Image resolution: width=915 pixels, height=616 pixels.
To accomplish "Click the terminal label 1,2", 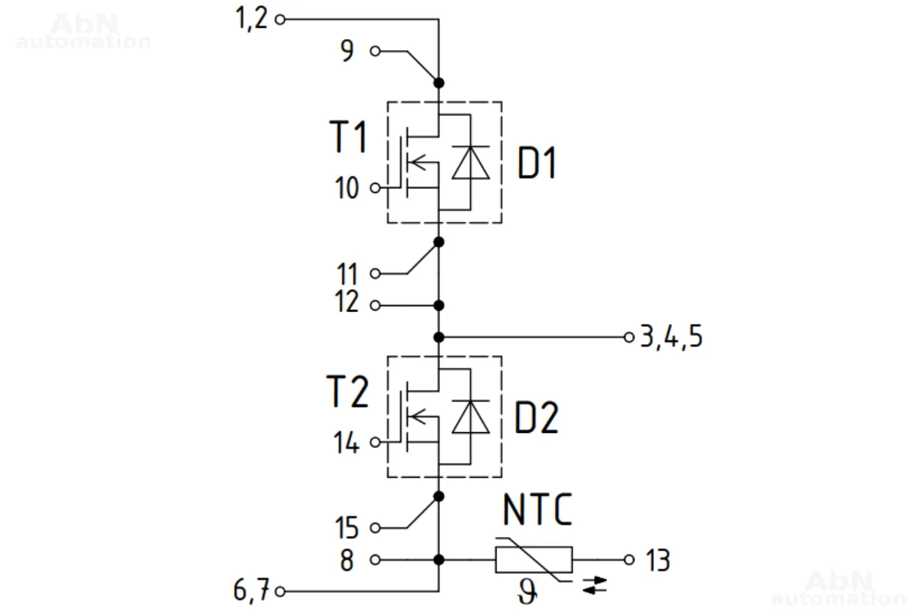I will tap(251, 18).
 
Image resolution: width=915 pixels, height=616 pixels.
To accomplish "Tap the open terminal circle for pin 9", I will tap(375, 52).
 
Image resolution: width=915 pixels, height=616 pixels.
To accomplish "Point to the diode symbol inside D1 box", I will tap(470, 163).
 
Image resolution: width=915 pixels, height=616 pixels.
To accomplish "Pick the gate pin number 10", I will tap(346, 188).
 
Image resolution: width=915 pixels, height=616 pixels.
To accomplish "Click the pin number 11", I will tap(346, 273).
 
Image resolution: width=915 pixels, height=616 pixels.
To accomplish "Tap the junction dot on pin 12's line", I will tap(439, 305).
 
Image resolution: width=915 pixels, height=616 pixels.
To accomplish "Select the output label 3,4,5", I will tap(671, 338).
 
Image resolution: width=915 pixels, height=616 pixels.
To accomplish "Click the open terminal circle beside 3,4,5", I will tap(629, 337).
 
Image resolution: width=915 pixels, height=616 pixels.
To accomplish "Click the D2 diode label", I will tap(537, 419).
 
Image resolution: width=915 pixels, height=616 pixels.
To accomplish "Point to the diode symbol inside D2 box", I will tap(470, 417).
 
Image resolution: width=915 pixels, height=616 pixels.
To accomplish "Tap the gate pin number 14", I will tap(346, 443).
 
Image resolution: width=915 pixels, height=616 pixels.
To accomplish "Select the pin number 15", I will tap(346, 528).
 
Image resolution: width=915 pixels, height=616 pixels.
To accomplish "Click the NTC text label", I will tap(537, 511).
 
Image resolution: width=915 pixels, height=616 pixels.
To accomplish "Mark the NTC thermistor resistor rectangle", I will tap(533, 560).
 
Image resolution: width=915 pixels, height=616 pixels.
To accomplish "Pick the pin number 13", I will tap(657, 560).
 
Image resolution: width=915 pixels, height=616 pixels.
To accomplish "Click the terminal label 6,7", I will tap(251, 592).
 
